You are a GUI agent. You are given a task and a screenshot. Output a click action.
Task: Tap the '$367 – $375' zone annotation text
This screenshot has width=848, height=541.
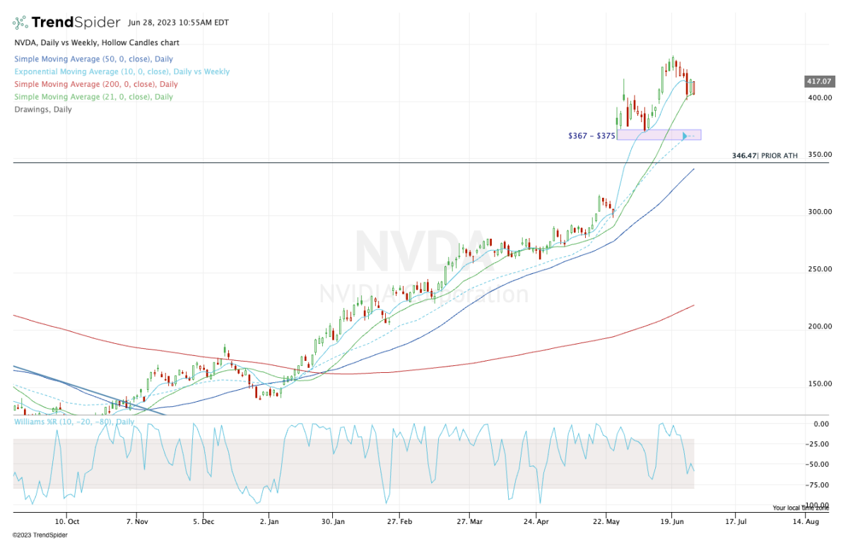click(x=591, y=136)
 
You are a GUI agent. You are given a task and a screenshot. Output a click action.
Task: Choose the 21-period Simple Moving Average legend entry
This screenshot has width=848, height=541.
click(x=93, y=97)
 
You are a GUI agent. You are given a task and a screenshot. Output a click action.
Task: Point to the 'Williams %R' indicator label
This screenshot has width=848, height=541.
click(x=73, y=422)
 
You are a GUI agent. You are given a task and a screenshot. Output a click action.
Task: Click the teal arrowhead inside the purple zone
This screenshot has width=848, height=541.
click(x=685, y=135)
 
